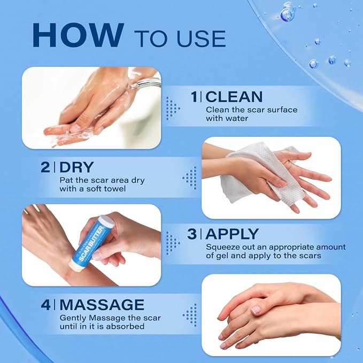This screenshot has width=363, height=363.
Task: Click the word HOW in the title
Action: [76, 35]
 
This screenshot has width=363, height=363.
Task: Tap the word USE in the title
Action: [201, 38]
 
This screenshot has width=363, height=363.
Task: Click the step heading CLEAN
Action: [234, 97]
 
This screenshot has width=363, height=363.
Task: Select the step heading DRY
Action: [76, 167]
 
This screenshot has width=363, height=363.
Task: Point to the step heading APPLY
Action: [232, 234]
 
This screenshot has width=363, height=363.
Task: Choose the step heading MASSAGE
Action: [102, 304]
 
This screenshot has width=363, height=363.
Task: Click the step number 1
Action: [195, 97]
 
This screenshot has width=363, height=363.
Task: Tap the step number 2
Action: [45, 167]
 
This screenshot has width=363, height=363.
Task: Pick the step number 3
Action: [192, 234]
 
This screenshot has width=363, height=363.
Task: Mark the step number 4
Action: [45, 304]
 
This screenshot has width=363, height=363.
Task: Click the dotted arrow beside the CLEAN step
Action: [173, 109]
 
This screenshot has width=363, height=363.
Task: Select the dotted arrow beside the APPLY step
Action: [173, 243]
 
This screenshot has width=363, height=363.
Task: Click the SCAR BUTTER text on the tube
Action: [91, 244]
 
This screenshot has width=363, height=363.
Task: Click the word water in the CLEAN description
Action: [237, 119]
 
